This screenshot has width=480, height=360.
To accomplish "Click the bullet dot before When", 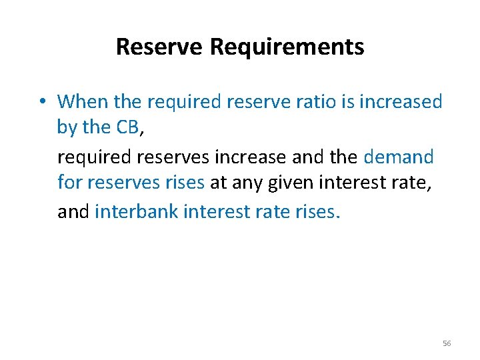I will pyautogui.click(x=41, y=102).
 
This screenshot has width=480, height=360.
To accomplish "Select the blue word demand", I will pyautogui.click(x=399, y=157).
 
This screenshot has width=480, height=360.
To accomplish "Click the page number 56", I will pyautogui.click(x=446, y=343).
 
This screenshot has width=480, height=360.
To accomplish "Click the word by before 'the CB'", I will pyautogui.click(x=67, y=127).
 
